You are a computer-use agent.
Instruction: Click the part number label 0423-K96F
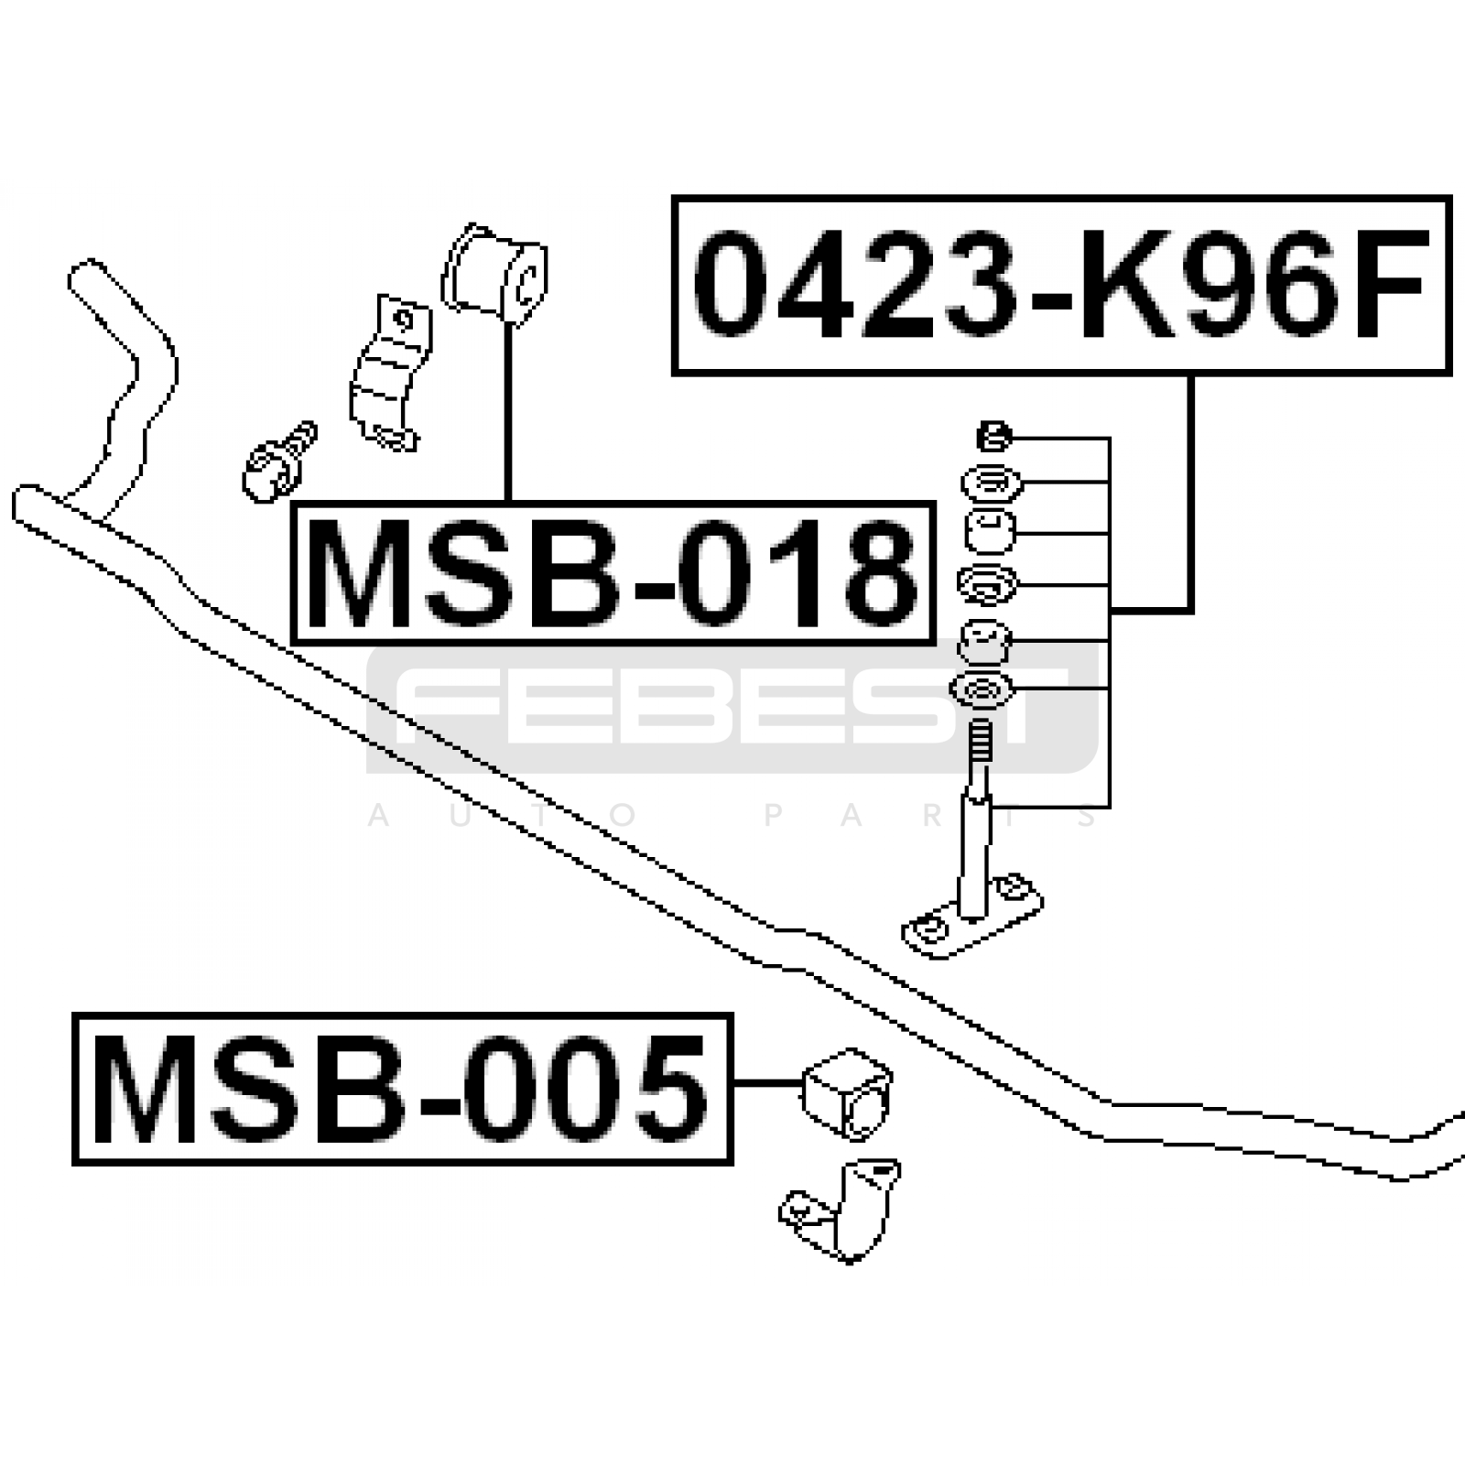pyautogui.click(x=1061, y=285)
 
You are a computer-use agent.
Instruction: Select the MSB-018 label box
pyautogui.click(x=613, y=573)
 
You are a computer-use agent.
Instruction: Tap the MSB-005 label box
pyautogui.click(x=403, y=1089)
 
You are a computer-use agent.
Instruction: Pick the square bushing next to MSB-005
pyautogui.click(x=847, y=1093)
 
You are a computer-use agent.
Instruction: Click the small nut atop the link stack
pyautogui.click(x=994, y=437)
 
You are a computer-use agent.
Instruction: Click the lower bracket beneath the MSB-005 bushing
pyautogui.click(x=841, y=1211)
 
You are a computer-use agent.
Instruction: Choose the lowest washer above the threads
pyautogui.click(x=982, y=690)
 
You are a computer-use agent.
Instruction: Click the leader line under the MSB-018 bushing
pyautogui.click(x=506, y=411)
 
